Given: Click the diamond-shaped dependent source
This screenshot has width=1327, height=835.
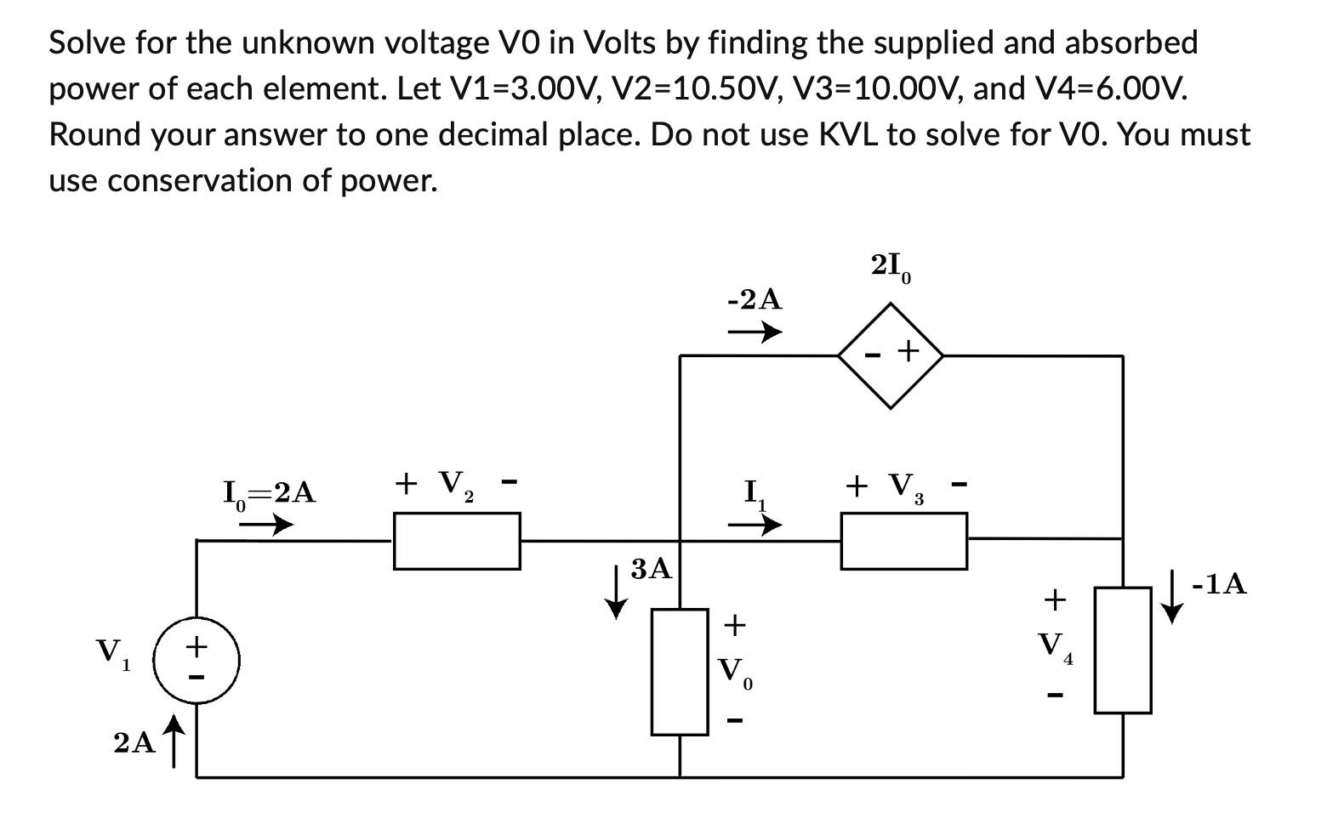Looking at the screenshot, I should pos(891,355).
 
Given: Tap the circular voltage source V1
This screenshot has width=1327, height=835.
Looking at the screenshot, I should pos(196,660).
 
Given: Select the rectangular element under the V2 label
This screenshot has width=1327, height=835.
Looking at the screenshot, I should pos(457,541).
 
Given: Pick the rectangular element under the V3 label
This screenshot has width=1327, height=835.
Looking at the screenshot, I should pos(903,541).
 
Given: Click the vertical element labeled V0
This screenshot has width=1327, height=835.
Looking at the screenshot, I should pos(680,672).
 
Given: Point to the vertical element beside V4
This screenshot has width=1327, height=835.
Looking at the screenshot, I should pos(1123,650).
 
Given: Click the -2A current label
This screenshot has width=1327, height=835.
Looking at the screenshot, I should pos(755,299).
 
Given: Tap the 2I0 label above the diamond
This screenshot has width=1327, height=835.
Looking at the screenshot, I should pos(891,266).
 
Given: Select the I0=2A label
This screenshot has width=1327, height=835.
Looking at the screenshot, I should pos(269,493).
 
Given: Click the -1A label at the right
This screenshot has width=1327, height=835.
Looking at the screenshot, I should pos(1219,584).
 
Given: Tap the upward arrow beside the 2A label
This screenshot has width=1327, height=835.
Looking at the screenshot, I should pos(174,739).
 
